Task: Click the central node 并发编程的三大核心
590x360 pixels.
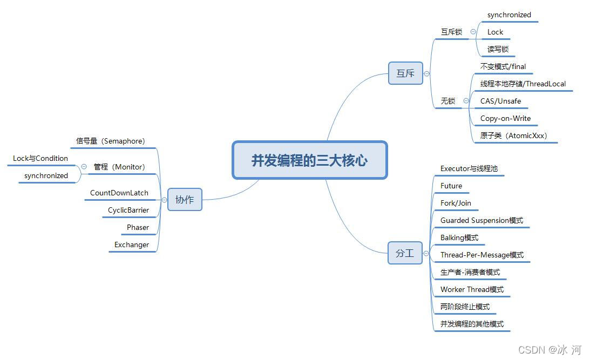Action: (x=309, y=160)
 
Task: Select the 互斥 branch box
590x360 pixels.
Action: (x=405, y=73)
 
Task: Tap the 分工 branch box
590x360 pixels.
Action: (x=405, y=253)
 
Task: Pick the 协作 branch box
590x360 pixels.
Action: (x=185, y=200)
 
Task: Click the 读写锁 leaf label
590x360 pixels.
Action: (x=498, y=49)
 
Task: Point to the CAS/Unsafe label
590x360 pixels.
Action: (x=500, y=101)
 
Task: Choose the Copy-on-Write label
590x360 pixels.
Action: (x=505, y=118)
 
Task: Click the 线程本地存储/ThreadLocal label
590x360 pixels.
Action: (x=523, y=84)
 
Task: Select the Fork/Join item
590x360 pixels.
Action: (x=456, y=203)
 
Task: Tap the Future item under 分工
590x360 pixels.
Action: (x=451, y=186)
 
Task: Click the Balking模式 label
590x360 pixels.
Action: (x=459, y=237)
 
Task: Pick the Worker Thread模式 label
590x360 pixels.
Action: (x=472, y=289)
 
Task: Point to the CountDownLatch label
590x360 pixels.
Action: (x=119, y=193)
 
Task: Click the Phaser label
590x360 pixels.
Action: (x=138, y=227)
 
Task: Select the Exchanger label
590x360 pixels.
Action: (x=131, y=244)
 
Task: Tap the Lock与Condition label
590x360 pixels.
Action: (x=40, y=158)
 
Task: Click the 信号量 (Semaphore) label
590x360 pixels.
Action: (x=110, y=141)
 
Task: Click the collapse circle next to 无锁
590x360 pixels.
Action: (x=466, y=101)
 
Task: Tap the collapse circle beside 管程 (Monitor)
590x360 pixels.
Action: (x=84, y=167)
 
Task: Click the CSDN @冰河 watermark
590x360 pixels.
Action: (x=550, y=350)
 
